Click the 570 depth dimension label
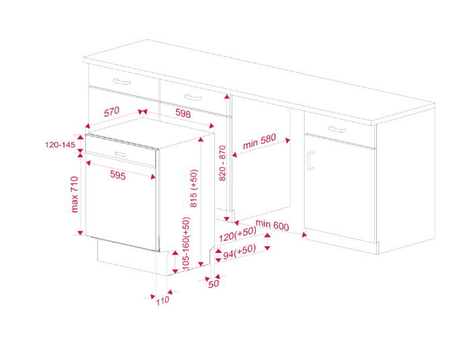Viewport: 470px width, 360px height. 111,113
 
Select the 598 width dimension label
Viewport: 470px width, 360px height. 182,114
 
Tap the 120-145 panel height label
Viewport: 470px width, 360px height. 60,145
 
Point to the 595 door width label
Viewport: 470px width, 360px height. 118,175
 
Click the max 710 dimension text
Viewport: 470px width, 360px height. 75,195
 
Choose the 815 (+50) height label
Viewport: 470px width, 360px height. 194,189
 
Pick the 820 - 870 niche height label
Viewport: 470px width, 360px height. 223,163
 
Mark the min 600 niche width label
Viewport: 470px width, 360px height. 271,226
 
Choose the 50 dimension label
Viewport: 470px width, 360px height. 214,284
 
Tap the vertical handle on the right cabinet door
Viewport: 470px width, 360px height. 310,161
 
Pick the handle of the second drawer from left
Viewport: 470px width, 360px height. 193,98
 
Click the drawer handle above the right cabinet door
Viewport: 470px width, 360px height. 337,129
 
